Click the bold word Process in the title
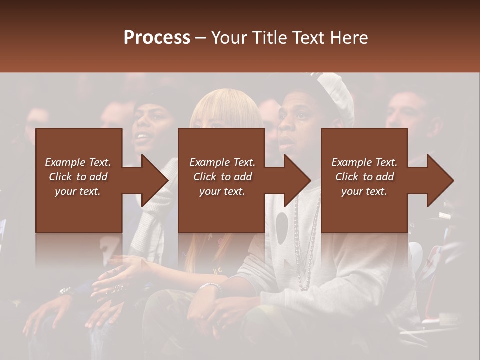[157, 37]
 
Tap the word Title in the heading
[270, 37]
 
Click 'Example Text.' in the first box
[78, 162]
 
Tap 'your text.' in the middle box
[222, 191]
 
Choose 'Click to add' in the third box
[364, 177]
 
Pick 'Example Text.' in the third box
[364, 162]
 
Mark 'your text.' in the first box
[78, 191]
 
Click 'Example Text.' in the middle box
[222, 162]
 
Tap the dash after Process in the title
[201, 38]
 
